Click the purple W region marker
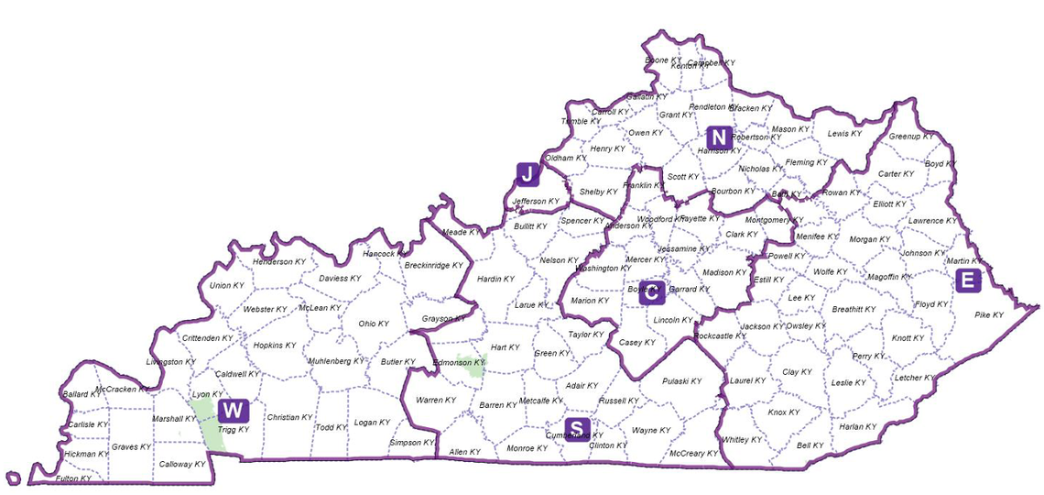[233, 411]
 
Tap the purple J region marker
[527, 174]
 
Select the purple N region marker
[719, 137]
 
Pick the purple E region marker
[967, 280]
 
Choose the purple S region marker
[577, 428]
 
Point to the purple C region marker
[651, 292]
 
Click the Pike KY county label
[988, 315]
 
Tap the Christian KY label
[289, 418]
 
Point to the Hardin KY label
[495, 279]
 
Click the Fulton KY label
[73, 478]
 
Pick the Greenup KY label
[911, 137]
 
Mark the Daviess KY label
[340, 278]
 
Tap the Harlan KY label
[857, 427]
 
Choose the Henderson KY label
[279, 262]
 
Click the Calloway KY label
[182, 465]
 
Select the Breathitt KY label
[854, 310]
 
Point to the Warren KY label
[436, 401]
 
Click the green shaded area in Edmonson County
[473, 368]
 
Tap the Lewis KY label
[844, 134]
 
